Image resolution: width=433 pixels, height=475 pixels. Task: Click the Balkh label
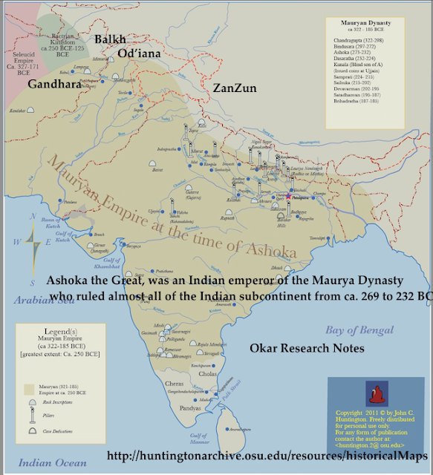coord(109,39)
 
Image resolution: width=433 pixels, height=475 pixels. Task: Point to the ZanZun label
coord(235,88)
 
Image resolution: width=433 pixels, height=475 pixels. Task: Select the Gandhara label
coord(53,85)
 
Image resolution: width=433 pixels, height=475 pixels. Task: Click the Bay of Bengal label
coord(362,330)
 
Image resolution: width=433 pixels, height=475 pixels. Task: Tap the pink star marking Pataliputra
coord(288,197)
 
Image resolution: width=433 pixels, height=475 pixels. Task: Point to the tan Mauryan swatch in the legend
coord(30,388)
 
